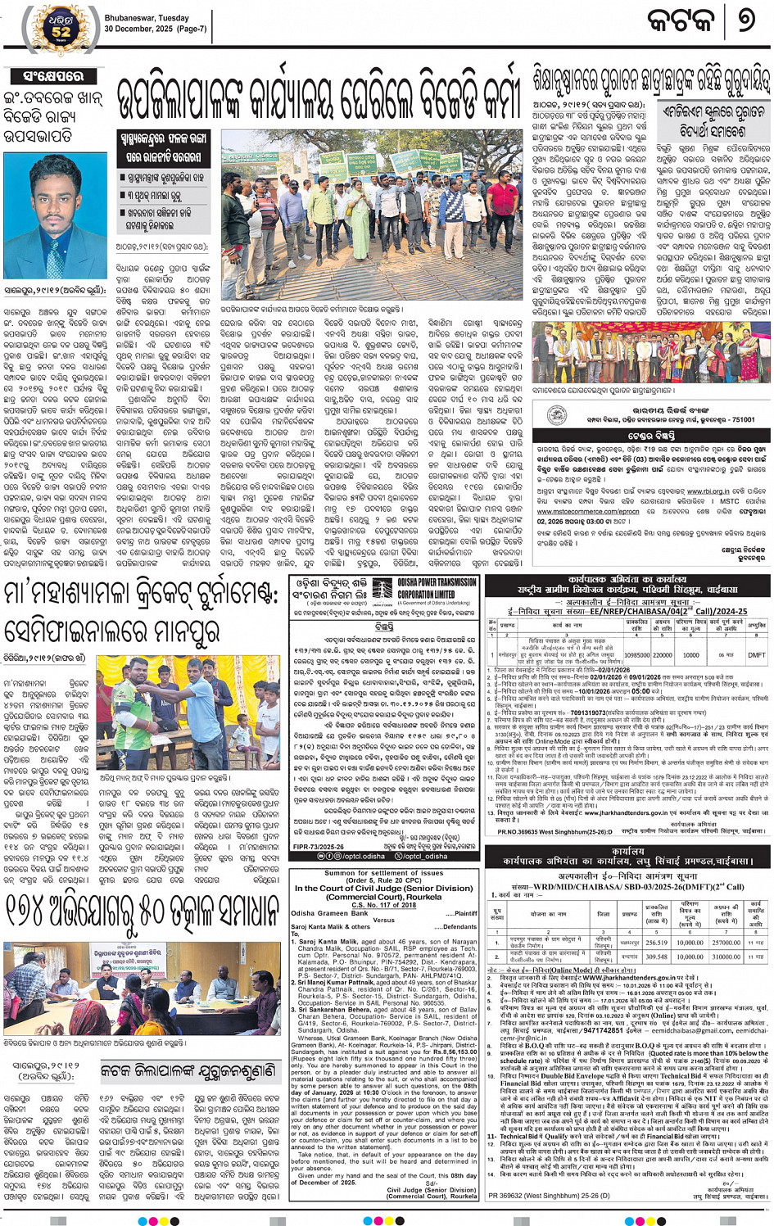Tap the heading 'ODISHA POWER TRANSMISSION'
pos(437,583)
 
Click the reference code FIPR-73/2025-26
pos(319,847)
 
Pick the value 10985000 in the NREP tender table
pos(637,655)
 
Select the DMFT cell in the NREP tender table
pos(756,655)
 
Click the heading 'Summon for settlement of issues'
pos(384,873)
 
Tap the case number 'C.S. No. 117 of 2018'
pos(384,905)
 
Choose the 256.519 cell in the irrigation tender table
pos(656,943)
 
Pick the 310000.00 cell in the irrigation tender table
pos(726,957)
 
